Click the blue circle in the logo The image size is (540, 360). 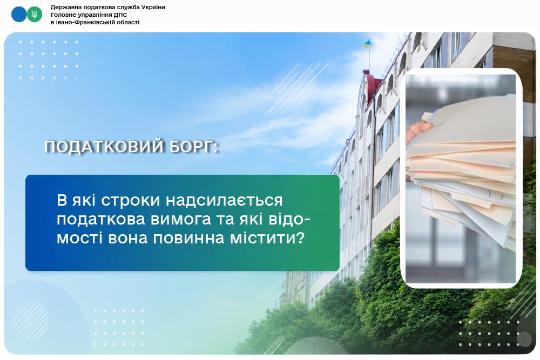pyautogui.click(x=19, y=15)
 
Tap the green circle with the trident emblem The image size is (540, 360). pyautogui.click(x=35, y=15)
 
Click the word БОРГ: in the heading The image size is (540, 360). pyautogui.click(x=194, y=147)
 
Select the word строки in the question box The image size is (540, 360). pyautogui.click(x=131, y=200)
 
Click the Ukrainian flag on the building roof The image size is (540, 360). pyautogui.click(x=367, y=44)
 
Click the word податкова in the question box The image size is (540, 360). pyautogui.click(x=101, y=220)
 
